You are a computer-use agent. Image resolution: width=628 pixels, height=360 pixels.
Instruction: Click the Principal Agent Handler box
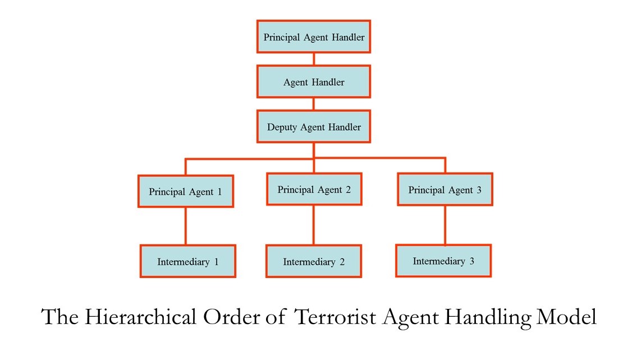tap(314, 37)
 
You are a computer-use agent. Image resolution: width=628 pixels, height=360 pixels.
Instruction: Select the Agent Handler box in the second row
tap(314, 82)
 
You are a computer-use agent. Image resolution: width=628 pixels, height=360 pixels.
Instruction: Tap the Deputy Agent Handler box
tap(314, 127)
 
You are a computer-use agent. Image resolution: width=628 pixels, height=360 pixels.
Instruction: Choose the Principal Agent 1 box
tap(186, 191)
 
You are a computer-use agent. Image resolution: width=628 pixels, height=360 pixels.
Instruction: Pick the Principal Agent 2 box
tap(314, 189)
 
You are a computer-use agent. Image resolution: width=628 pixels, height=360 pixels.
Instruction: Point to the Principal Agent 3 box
tap(445, 189)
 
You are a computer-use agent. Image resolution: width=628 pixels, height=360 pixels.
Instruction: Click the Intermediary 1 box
tap(188, 261)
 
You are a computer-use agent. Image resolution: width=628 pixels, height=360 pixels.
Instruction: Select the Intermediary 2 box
tap(314, 261)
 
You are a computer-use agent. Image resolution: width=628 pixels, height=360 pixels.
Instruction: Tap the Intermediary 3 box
tap(443, 261)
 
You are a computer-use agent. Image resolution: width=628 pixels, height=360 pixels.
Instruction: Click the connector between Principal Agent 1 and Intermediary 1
tap(185, 226)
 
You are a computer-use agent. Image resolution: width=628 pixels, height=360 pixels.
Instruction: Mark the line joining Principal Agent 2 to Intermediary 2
tap(314, 225)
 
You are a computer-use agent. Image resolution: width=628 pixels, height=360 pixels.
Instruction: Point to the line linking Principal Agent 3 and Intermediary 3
tap(445, 225)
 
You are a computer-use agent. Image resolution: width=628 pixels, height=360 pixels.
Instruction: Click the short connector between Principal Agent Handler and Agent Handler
tap(314, 59)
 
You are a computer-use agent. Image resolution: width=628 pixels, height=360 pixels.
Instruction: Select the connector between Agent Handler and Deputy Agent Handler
tap(314, 104)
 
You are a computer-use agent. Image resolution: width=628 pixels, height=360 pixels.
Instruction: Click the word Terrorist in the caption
tap(335, 317)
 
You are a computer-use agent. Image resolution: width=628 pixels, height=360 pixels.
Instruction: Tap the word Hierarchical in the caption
tap(140, 317)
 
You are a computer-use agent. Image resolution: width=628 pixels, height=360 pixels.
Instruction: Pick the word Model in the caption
tap(566, 317)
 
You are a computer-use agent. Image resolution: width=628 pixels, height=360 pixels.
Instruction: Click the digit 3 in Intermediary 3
tap(472, 261)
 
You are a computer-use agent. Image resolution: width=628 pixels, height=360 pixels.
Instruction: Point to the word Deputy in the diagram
tap(282, 127)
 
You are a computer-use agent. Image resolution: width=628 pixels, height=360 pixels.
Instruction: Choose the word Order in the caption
tap(231, 317)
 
